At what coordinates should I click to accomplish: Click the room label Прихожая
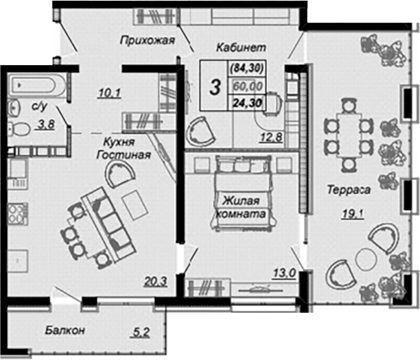pos(148,40)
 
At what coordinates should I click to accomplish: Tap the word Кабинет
pos(241,47)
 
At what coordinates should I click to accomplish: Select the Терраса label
pos(349,189)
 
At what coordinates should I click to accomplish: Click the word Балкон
pos(65,330)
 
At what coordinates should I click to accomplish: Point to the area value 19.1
pos(353,214)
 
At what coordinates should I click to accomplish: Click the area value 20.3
pos(156,281)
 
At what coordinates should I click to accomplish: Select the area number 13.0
pos(285,274)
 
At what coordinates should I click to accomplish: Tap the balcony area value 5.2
pos(141,333)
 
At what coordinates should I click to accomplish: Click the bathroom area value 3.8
pos(47,125)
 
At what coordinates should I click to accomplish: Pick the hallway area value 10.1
pos(110,93)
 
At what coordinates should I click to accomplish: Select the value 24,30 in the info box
pos(247,102)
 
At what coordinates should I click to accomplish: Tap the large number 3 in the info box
pos(215,87)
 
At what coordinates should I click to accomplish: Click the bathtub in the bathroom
pos(36,86)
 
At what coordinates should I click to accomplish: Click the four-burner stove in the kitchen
pos(18,213)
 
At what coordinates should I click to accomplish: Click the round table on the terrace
pos(366,258)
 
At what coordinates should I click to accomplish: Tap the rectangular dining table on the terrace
pos(349,136)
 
